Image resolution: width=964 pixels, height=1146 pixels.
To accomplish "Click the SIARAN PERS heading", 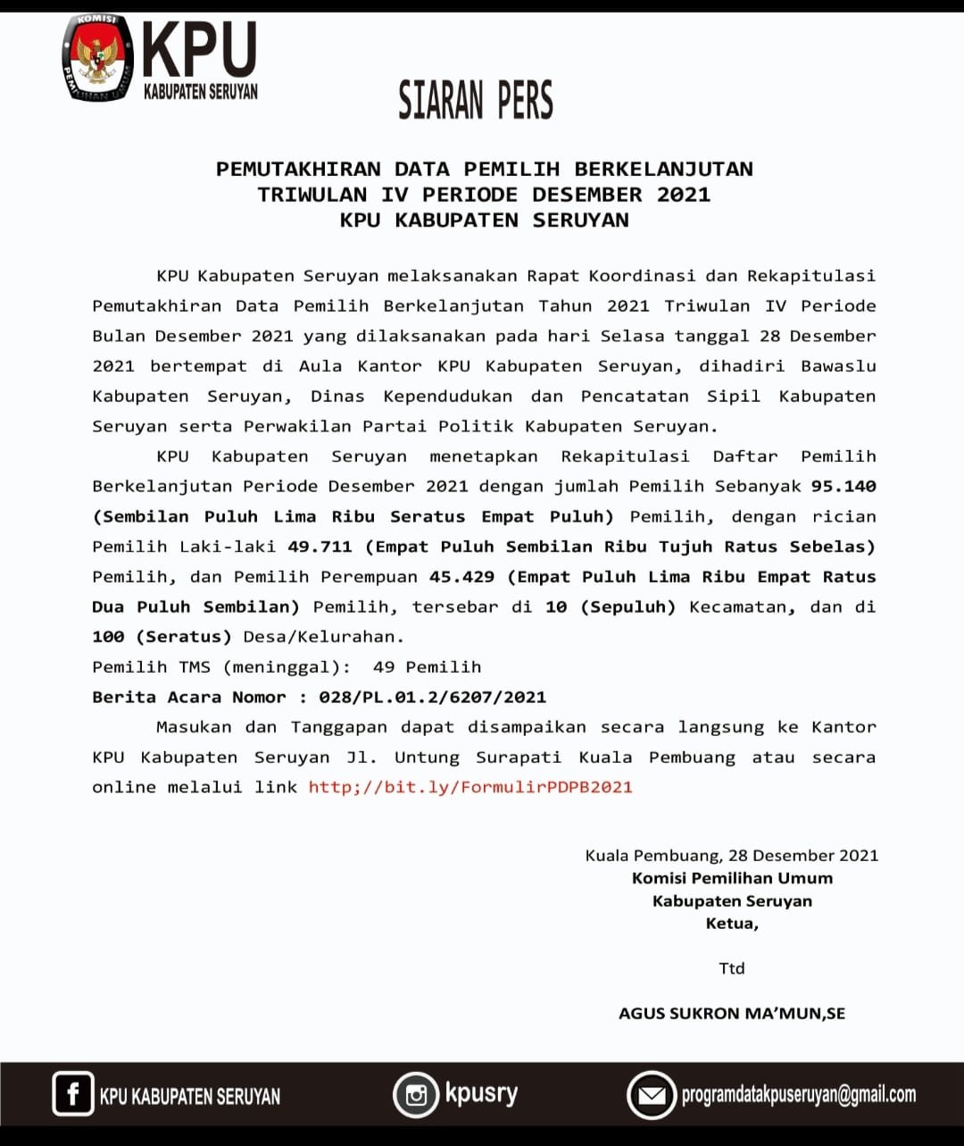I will point(476,100).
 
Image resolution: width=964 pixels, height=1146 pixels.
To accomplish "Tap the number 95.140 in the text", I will point(843,486).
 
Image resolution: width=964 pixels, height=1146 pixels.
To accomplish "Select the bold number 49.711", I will point(320,547).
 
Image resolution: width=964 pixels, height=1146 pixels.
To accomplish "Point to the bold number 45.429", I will point(461,577).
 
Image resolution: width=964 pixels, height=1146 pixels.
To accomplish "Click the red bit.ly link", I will point(470,787).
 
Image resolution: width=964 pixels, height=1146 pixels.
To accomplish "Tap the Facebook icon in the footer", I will point(72,1094).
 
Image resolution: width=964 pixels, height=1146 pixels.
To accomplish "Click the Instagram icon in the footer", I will point(416,1094).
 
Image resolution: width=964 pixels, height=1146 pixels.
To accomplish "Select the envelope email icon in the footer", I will point(652,1094).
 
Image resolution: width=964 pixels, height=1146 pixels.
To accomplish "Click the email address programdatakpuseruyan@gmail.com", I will point(799,1094).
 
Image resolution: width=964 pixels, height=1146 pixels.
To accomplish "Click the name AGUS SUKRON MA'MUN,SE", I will point(732,1013).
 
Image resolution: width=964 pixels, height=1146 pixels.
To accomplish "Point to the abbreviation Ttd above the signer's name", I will point(732,968).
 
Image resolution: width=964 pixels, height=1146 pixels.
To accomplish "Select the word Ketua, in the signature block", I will point(732,924).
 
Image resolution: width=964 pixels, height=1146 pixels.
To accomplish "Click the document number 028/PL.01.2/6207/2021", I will point(432,697).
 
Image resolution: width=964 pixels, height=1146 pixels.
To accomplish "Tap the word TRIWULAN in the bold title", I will point(312,195).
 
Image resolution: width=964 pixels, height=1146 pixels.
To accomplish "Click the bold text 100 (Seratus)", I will point(162,637).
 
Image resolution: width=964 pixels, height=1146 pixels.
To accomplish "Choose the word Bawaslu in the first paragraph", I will point(838,366).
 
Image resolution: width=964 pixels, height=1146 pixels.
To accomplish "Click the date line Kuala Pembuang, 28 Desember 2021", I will point(732,855).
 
